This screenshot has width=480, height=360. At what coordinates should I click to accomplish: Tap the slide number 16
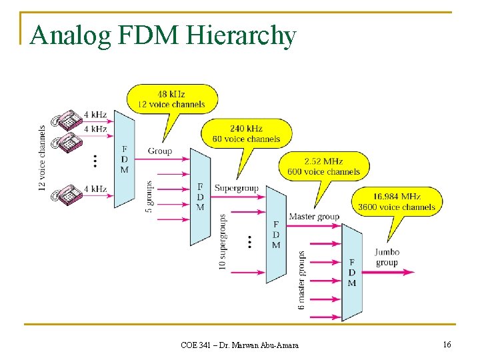(446, 344)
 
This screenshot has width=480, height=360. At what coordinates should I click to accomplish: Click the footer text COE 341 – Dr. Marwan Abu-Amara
(240, 345)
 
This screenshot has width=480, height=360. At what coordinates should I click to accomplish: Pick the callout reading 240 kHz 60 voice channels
(246, 133)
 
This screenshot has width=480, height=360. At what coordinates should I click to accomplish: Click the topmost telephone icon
(67, 121)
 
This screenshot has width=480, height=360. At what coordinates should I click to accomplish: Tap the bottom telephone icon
(67, 194)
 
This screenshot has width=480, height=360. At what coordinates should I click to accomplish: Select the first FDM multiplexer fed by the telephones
(124, 159)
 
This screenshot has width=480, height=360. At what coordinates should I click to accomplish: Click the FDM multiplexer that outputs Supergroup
(200, 196)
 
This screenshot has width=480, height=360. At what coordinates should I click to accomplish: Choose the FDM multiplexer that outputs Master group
(276, 234)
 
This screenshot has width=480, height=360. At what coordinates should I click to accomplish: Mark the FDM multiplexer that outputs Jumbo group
(351, 272)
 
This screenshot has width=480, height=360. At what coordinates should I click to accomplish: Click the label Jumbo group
(387, 257)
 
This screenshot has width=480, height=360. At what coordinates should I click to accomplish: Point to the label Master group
(314, 217)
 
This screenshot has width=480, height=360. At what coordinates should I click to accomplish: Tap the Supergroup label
(236, 189)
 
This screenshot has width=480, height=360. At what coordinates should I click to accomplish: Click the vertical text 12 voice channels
(43, 159)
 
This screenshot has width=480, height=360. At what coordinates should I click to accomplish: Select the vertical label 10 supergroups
(223, 241)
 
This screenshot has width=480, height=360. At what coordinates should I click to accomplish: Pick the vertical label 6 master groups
(301, 280)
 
